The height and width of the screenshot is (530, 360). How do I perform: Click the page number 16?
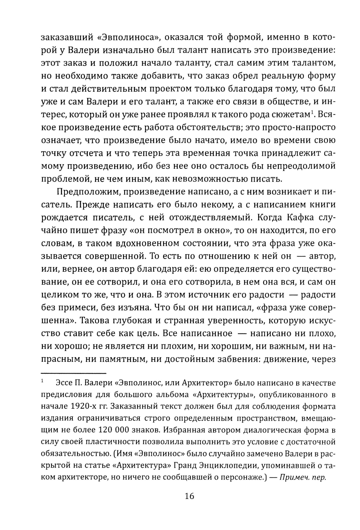coord(189,496)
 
